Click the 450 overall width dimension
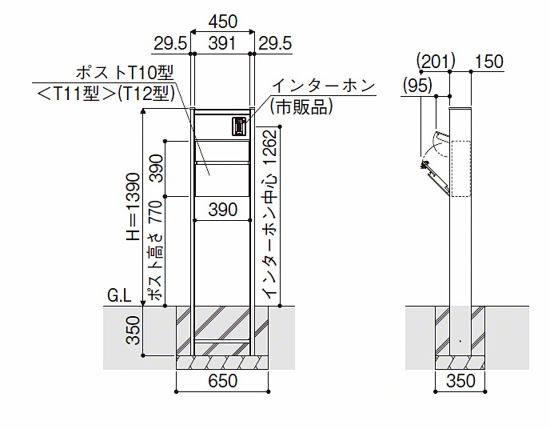pyautogui.click(x=223, y=20)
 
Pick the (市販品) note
pyautogui.click(x=301, y=106)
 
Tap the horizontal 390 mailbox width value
pyautogui.click(x=223, y=210)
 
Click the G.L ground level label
pyautogui.click(x=119, y=296)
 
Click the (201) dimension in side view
pyautogui.click(x=436, y=61)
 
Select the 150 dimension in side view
pyautogui.click(x=488, y=61)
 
